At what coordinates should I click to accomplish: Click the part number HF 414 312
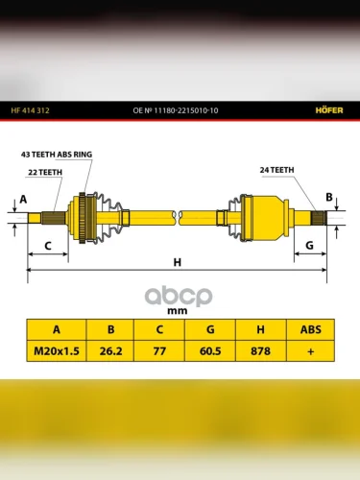click(30, 110)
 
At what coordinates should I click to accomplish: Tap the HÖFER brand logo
click(329, 110)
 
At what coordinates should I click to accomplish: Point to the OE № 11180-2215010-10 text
click(176, 110)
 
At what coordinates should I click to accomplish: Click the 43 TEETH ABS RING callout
click(57, 155)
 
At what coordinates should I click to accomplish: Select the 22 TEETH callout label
click(45, 173)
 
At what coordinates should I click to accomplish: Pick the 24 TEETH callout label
click(276, 170)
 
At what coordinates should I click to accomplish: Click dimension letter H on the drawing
click(177, 262)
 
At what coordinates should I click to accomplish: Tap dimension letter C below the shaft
click(48, 246)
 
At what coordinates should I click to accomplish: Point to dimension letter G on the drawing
click(309, 246)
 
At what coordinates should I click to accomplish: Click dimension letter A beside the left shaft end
click(23, 200)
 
